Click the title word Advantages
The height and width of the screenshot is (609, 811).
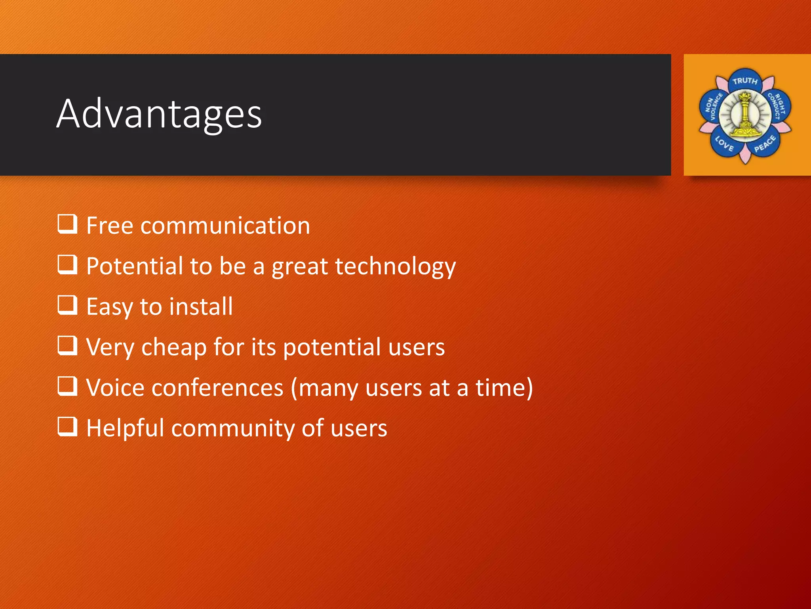tap(159, 114)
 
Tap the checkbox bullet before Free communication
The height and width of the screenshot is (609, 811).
tap(67, 224)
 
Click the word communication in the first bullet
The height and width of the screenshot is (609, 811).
tap(225, 226)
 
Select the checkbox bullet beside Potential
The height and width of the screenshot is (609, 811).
tap(67, 264)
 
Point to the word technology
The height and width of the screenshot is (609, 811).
tap(395, 267)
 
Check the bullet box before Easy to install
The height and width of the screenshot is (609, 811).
tap(67, 305)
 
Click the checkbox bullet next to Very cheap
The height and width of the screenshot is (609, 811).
tap(67, 345)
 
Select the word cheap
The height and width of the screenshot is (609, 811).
tap(174, 348)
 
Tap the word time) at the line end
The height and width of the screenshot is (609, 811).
tap(504, 388)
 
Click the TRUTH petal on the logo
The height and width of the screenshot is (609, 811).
tap(745, 81)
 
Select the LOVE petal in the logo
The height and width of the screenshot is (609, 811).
tap(724, 144)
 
